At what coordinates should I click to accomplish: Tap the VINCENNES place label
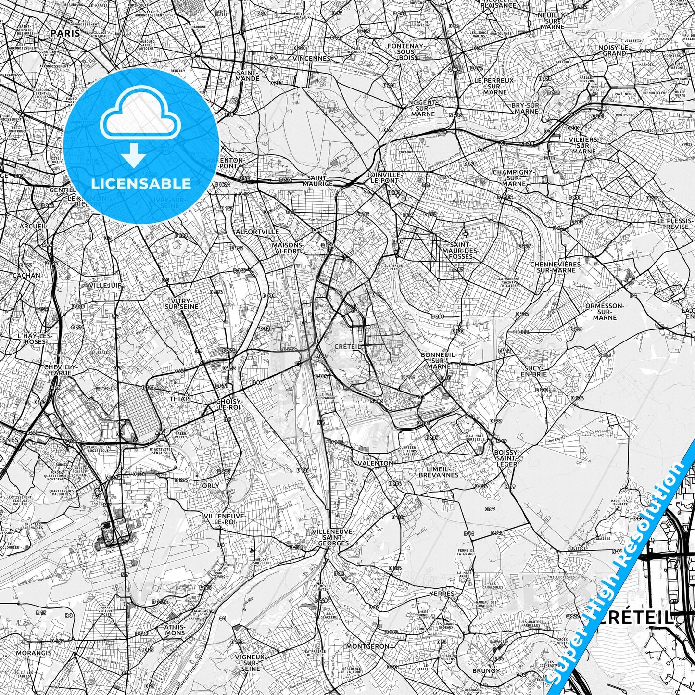(314, 58)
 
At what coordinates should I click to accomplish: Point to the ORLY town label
(211, 485)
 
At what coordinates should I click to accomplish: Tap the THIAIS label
(180, 399)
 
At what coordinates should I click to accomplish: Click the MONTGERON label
(367, 646)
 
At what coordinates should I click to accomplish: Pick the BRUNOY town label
(486, 670)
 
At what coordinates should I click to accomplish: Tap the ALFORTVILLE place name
(257, 231)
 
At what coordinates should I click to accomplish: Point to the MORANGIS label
(34, 653)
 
